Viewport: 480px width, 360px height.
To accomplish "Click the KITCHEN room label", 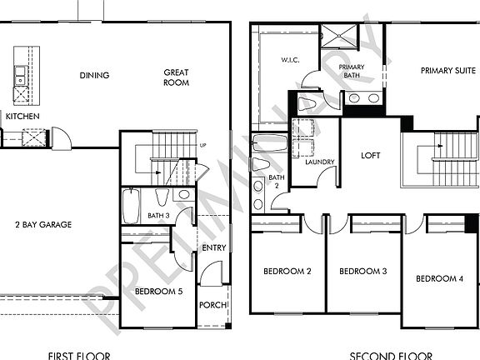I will click(x=22, y=117).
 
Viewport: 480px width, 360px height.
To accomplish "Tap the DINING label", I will click(x=94, y=76).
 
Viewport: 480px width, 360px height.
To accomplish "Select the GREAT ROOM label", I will click(x=176, y=77).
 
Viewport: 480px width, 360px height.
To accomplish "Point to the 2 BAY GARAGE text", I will click(x=43, y=224).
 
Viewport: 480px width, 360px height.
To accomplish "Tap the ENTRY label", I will click(x=214, y=247).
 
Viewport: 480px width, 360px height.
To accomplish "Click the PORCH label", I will click(x=212, y=305).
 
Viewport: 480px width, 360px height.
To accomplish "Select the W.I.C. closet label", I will click(x=290, y=60).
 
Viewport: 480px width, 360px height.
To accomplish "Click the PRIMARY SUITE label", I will click(x=447, y=70).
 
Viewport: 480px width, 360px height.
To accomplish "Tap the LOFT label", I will click(x=370, y=156).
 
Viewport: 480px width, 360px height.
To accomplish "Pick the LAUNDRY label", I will click(x=319, y=162).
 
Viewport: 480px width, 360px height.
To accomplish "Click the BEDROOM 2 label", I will click(x=287, y=272).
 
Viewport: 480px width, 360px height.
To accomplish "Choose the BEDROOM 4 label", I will click(x=439, y=278).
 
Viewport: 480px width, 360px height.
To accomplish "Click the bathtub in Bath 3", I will click(x=132, y=207).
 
